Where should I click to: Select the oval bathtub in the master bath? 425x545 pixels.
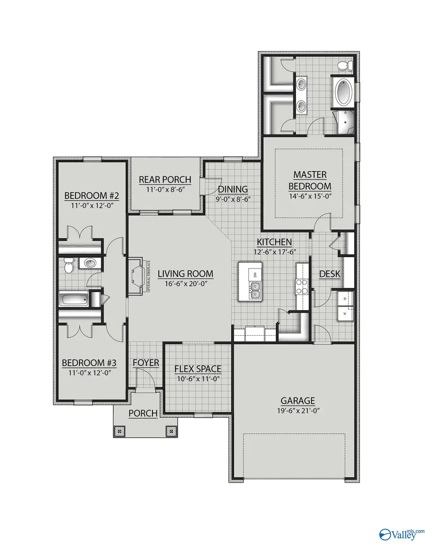click(x=344, y=93)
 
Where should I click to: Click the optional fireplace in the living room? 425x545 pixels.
click(x=136, y=277)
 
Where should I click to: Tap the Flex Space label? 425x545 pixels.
click(x=197, y=369)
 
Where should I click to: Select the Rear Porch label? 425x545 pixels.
click(x=165, y=180)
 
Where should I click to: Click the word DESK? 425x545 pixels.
click(x=330, y=274)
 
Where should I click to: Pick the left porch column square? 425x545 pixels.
click(x=119, y=431)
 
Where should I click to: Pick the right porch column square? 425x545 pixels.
click(x=170, y=431)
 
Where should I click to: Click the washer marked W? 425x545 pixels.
click(x=345, y=313)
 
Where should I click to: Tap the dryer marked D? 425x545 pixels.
click(x=345, y=299)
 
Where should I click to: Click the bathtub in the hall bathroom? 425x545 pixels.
click(x=74, y=300)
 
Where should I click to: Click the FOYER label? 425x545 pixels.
click(x=145, y=363)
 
